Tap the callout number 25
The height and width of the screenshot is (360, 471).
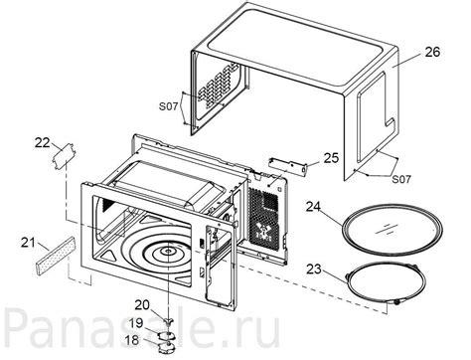332,157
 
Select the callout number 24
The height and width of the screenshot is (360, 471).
315,209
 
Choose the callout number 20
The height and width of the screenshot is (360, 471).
141,303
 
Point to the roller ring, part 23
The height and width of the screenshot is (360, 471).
390,281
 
